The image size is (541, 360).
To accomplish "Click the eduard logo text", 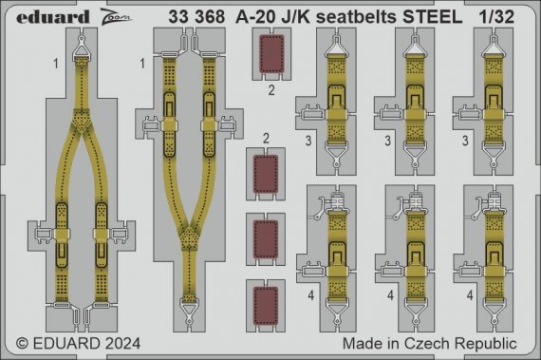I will (x=35, y=15).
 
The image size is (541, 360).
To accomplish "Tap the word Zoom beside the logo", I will (x=85, y=15).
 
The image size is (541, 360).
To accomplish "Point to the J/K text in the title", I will (x=292, y=15).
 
